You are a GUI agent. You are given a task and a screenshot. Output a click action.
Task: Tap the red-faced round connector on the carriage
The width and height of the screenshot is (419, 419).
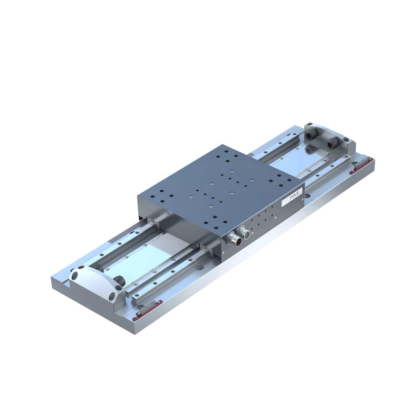232,239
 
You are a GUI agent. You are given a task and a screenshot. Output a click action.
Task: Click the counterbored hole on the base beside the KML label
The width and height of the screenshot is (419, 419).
308,196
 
